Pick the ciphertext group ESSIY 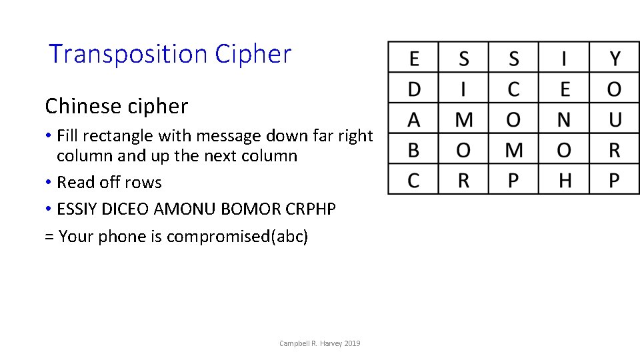[78, 209]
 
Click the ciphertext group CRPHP [310, 209]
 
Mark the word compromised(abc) [237, 237]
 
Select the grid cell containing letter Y [614, 59]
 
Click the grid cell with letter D [414, 89]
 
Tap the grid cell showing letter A [414, 119]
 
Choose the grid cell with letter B [414, 150]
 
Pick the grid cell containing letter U [614, 119]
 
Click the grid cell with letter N [564, 119]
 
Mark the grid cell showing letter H [564, 180]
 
